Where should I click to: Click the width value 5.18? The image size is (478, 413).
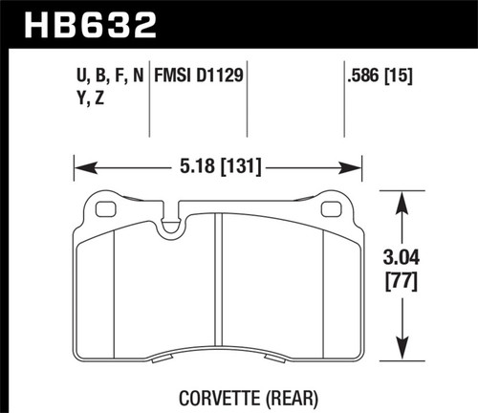(195, 164)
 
